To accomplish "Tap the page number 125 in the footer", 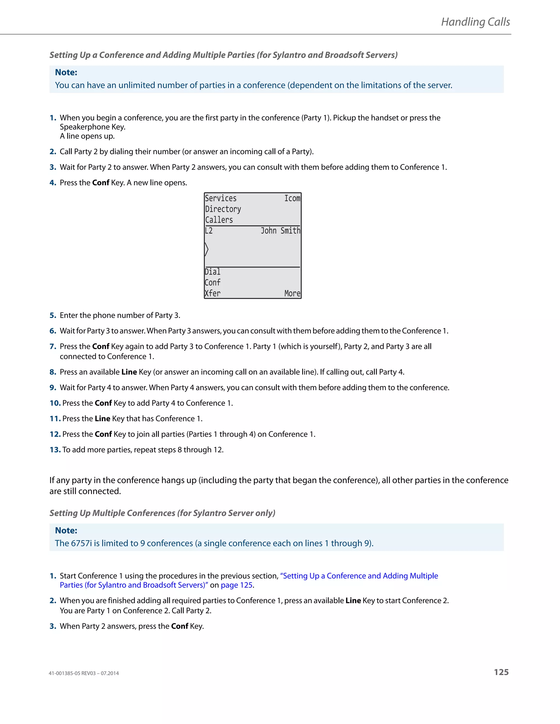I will [x=501, y=672].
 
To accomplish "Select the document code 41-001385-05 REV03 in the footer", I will [x=84, y=673].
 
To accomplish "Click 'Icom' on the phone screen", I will [x=292, y=198].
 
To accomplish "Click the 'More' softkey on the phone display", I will [x=292, y=293].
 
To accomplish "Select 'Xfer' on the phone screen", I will [x=212, y=293].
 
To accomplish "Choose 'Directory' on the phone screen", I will [x=223, y=209].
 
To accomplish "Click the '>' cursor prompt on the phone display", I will [x=207, y=249].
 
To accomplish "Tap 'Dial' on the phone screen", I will [x=212, y=272].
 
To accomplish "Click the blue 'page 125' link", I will [x=237, y=585].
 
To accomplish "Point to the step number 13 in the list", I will [x=55, y=450].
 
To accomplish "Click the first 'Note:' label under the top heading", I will [x=66, y=72].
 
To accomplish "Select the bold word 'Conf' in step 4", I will [x=101, y=183].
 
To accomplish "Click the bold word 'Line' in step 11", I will [x=102, y=419].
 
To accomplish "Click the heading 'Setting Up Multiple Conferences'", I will [x=162, y=513].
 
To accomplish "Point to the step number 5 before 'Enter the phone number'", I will [x=53, y=315].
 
